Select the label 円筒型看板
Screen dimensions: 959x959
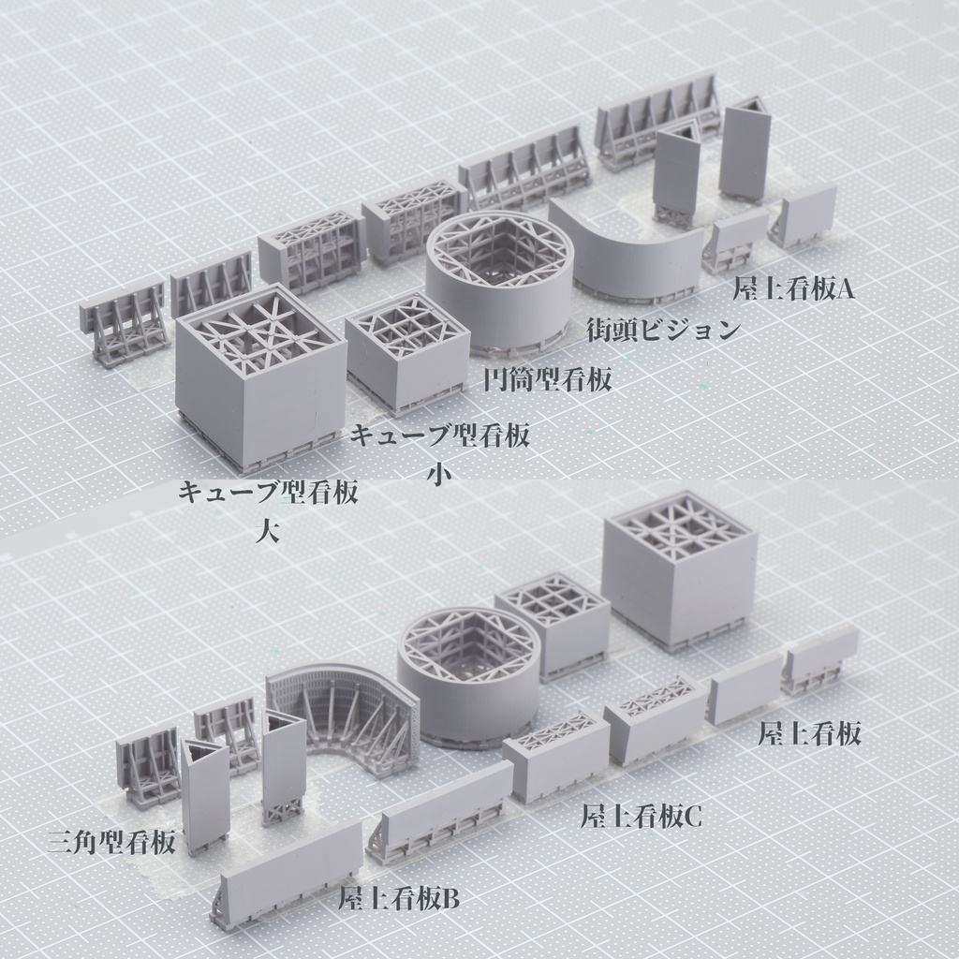point(547,380)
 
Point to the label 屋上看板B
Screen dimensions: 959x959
point(399,899)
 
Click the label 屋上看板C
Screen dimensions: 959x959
point(641,817)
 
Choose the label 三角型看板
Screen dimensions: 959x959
point(111,842)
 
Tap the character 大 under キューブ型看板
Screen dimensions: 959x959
point(268,530)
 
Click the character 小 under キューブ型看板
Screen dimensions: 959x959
point(439,473)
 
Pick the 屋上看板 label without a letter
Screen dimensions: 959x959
point(810,732)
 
